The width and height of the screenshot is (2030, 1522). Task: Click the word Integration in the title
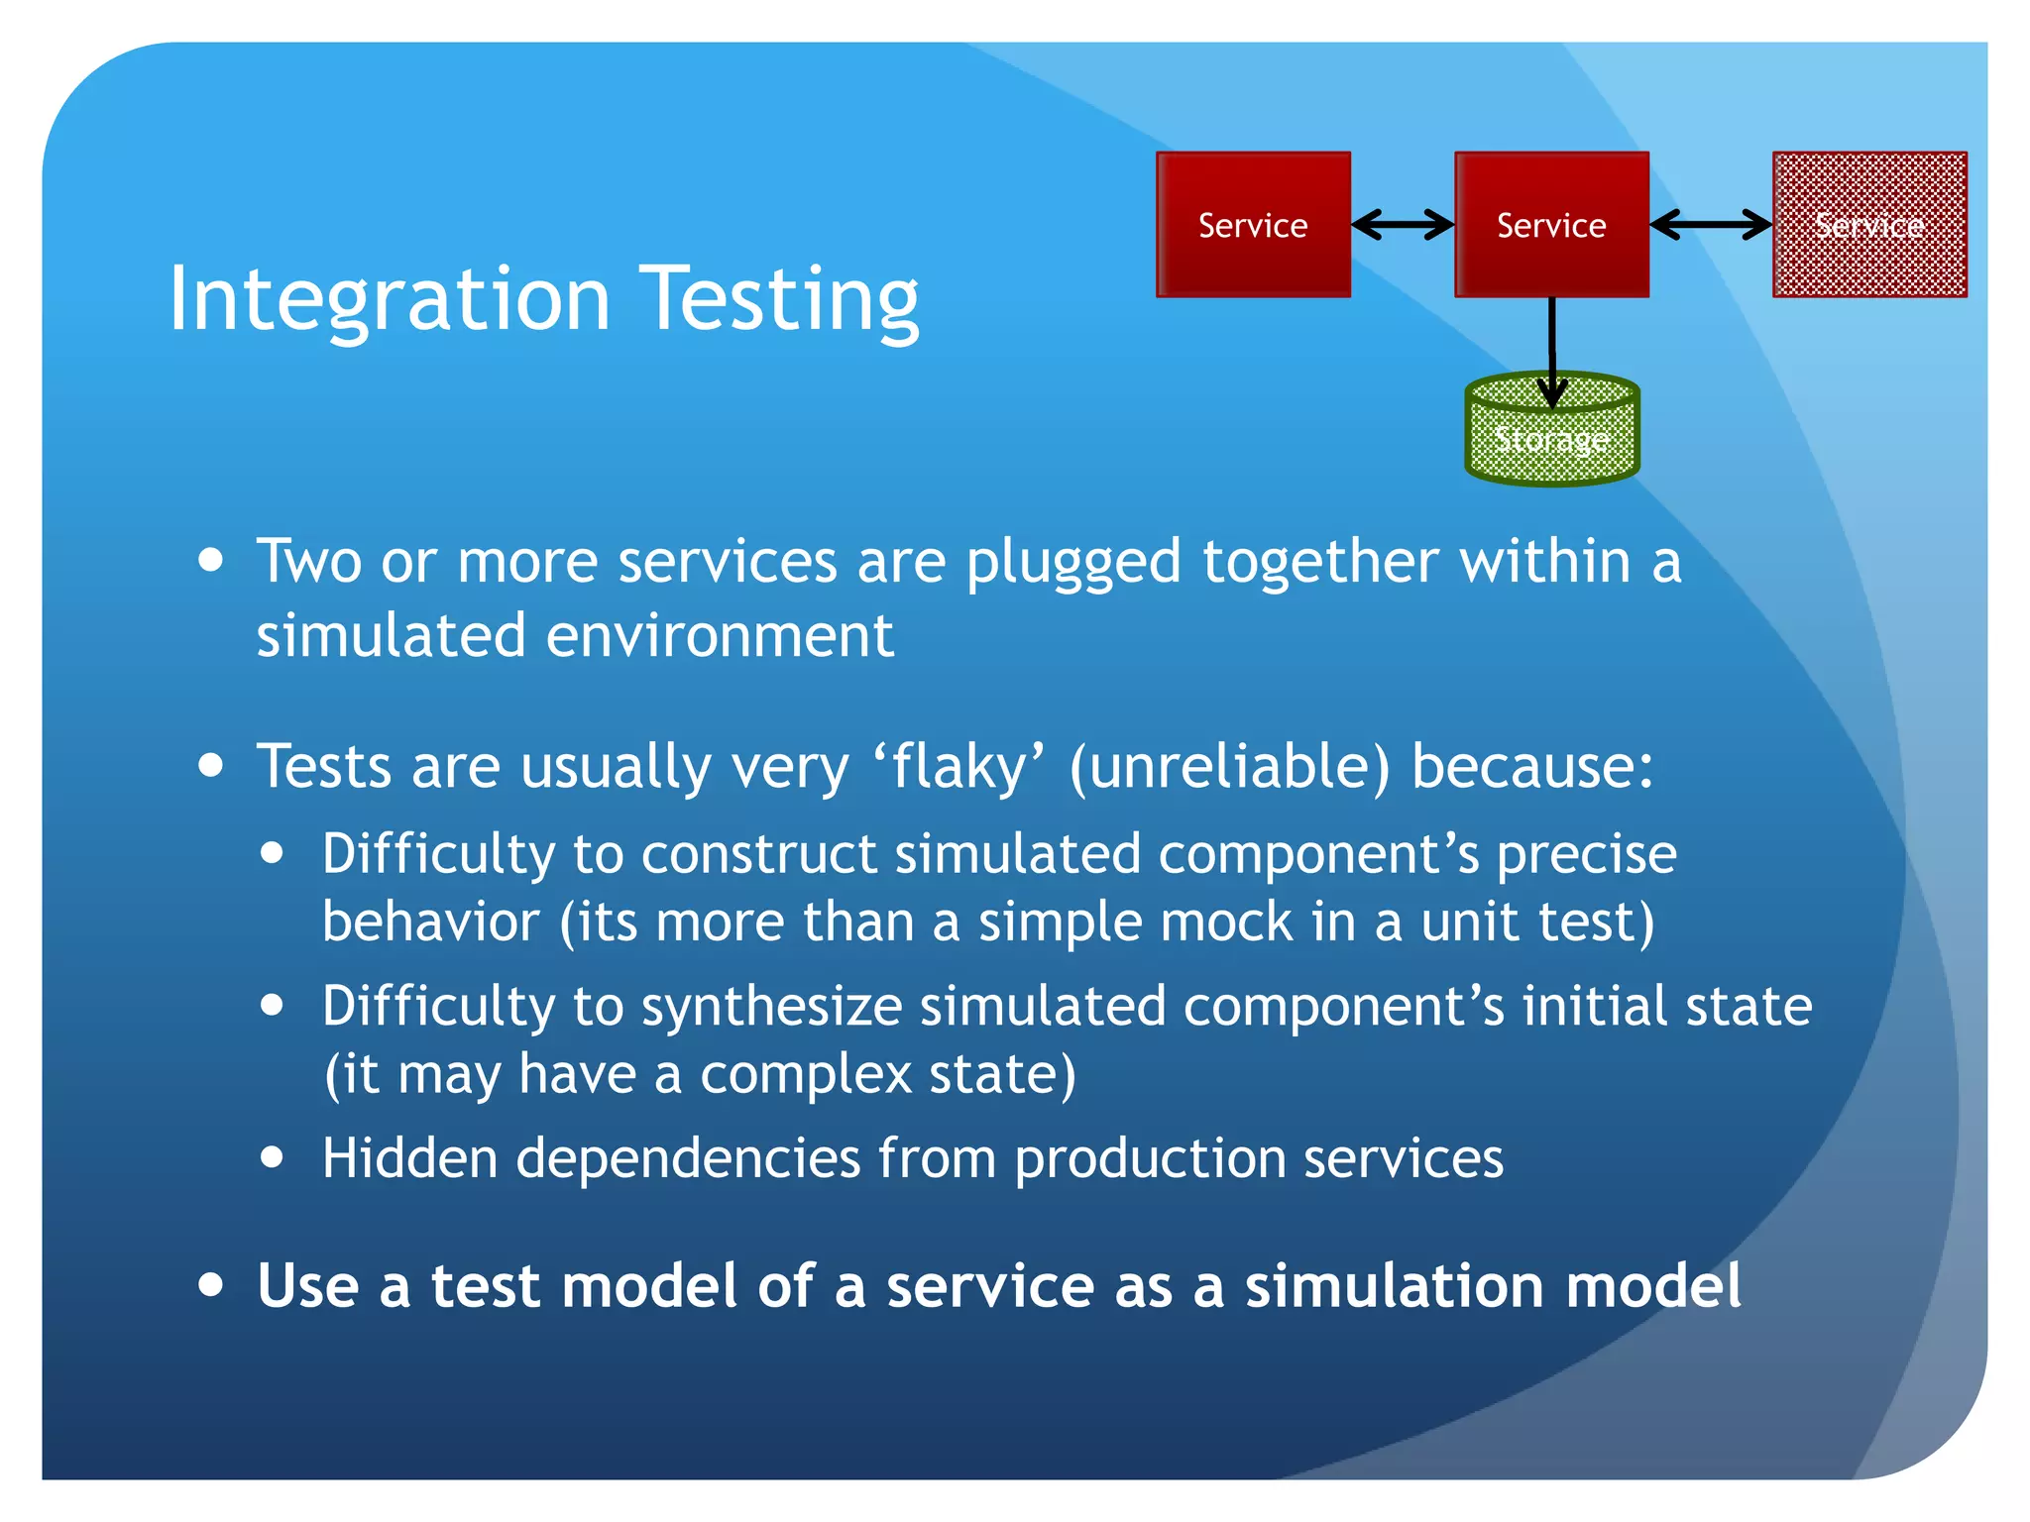point(390,298)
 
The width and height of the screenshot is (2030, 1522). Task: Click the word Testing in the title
point(780,298)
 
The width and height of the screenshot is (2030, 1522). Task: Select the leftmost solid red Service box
point(1253,225)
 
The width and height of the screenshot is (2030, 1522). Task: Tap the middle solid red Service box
point(1551,225)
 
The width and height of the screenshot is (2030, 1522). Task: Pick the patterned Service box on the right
point(1869,225)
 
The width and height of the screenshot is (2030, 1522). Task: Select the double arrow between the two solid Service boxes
point(1403,225)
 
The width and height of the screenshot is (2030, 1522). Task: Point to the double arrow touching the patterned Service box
point(1711,225)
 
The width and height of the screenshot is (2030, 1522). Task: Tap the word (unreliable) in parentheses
point(1229,767)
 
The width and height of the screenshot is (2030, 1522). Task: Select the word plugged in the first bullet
point(1073,562)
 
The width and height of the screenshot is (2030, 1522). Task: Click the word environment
point(720,635)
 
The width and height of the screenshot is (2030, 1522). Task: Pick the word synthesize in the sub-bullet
point(771,1007)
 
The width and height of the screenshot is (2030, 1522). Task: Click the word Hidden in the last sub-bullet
point(409,1157)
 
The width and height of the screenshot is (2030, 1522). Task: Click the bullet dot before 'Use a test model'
point(210,1284)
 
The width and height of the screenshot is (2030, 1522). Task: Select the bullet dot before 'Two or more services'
point(210,560)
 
